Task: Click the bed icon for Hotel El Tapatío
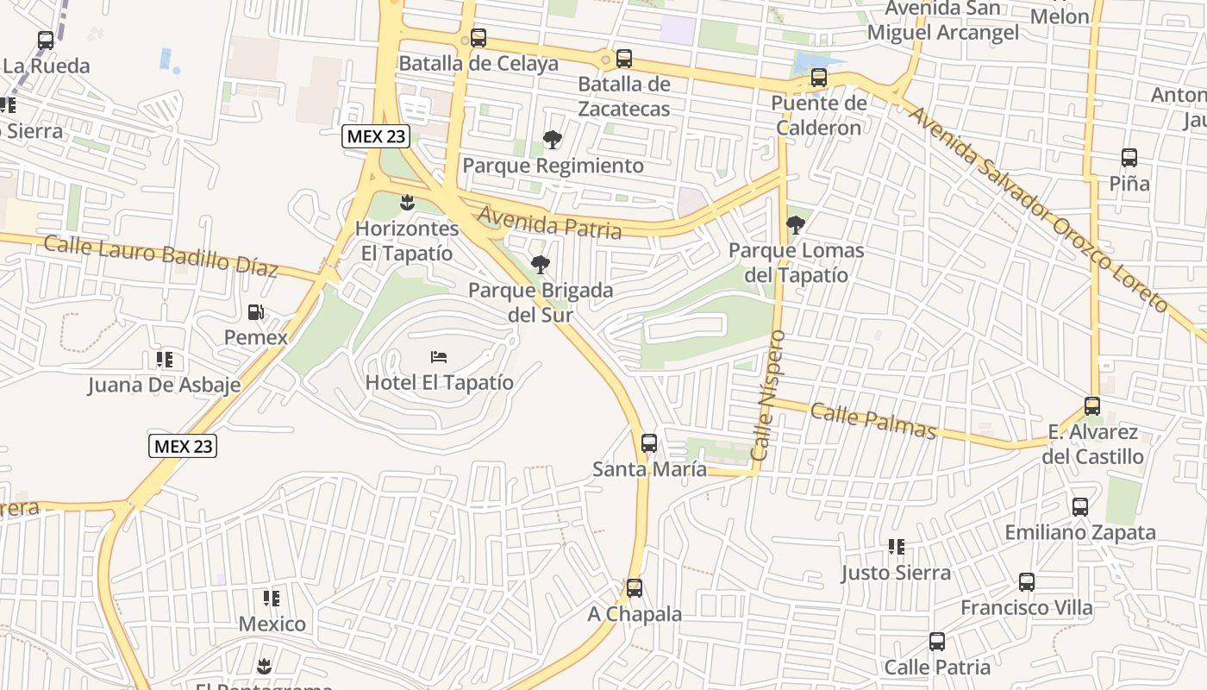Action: coord(439,357)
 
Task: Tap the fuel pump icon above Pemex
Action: coord(256,312)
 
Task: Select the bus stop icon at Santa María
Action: coord(649,443)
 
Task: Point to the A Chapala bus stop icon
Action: coord(635,588)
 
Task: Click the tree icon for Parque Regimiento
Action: coord(553,140)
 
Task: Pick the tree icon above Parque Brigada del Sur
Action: coord(541,265)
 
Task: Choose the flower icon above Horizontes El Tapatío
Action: coord(407,204)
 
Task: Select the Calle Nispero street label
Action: coord(768,394)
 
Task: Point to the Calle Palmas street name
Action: coord(872,420)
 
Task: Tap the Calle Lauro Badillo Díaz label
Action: coord(160,255)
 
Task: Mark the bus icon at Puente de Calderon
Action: coord(819,78)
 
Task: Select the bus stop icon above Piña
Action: coord(1129,158)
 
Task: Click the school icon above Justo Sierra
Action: coord(897,547)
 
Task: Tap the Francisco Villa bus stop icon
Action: coord(1027,582)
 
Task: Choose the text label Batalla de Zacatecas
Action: coord(623,97)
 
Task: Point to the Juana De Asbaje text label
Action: coord(164,385)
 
